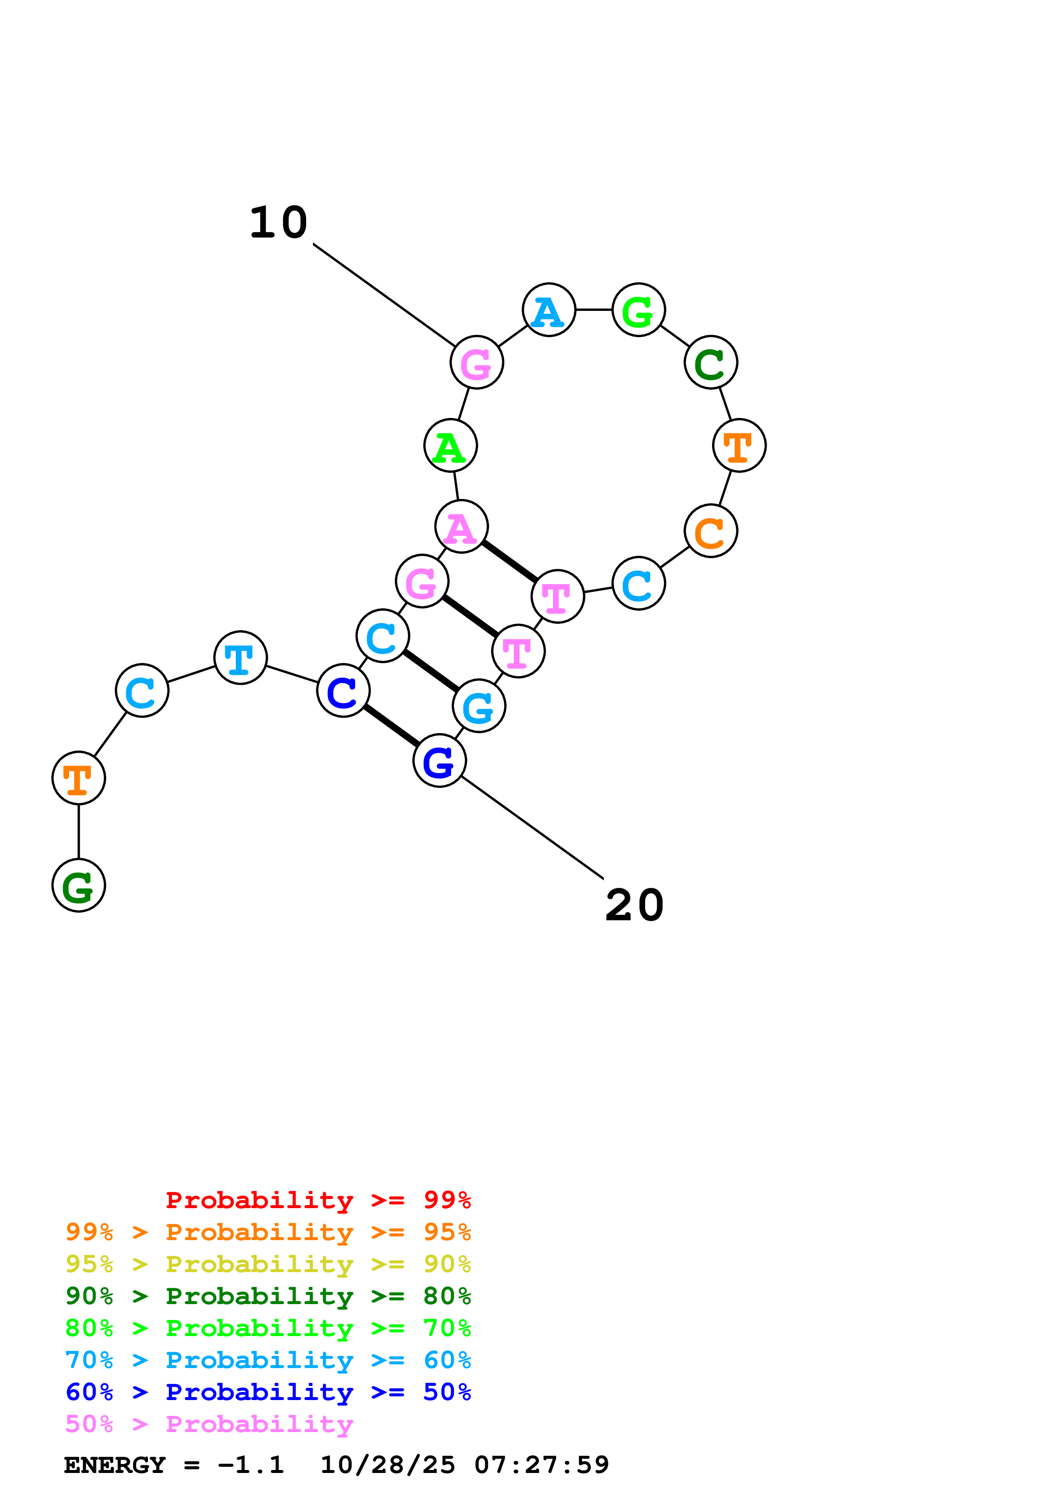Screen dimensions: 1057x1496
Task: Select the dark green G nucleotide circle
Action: (x=79, y=885)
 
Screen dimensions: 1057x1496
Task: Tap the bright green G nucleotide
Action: (x=638, y=310)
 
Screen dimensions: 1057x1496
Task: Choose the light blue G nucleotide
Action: (x=479, y=706)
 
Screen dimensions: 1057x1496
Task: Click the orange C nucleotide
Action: (x=710, y=531)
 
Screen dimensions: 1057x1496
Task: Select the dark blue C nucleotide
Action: (x=343, y=691)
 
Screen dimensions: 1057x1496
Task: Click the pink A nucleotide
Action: (x=461, y=527)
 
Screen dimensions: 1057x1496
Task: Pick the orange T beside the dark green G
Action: (x=79, y=778)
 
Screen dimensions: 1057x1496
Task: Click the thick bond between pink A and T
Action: (x=509, y=561)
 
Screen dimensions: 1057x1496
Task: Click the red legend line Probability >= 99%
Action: (x=318, y=1200)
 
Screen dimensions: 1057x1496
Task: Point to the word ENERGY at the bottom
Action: (x=115, y=1465)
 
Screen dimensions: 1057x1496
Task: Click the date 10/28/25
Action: (x=388, y=1465)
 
